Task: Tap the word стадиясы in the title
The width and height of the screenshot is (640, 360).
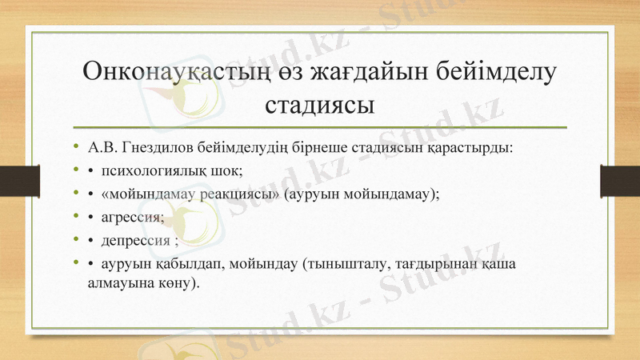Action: [320, 105]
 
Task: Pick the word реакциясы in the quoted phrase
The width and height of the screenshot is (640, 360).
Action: [240, 194]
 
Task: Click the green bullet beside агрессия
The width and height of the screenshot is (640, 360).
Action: [74, 217]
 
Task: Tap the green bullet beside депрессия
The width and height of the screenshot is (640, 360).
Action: [74, 240]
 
